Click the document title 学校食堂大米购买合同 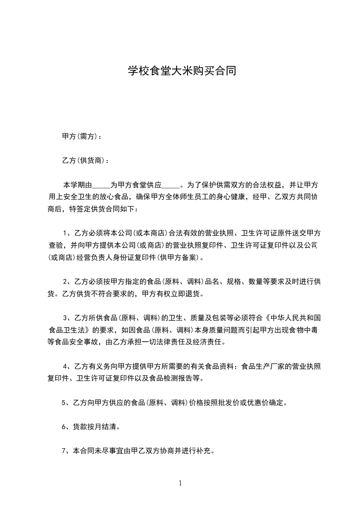coord(181,71)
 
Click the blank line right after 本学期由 coord(102,186)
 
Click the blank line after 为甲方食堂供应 coord(171,186)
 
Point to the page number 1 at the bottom coord(180,483)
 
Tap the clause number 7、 coord(66,451)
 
